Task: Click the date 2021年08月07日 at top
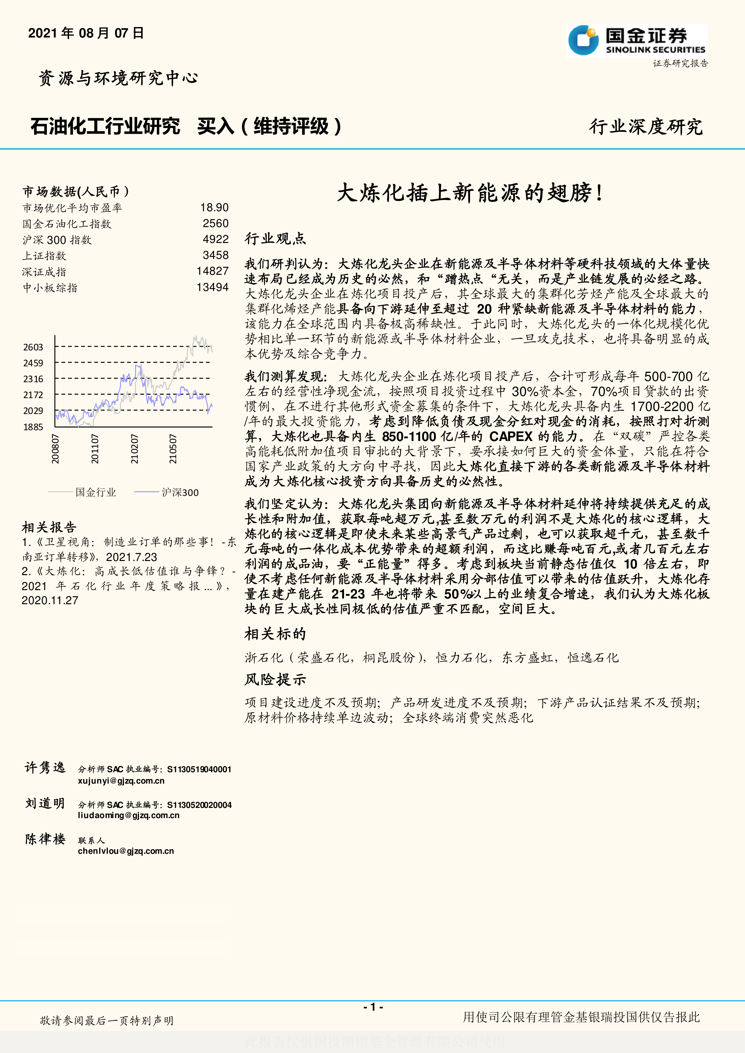coord(86,33)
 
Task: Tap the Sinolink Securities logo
coord(636,41)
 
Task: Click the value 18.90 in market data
coord(214,208)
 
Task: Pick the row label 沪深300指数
coord(57,240)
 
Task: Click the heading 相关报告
coord(49,527)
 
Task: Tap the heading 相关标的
coord(275,634)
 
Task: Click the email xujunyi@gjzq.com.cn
coord(121,781)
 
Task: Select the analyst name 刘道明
coord(45,803)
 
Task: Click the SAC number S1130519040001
coord(199,769)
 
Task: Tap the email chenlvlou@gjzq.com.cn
coord(126,851)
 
